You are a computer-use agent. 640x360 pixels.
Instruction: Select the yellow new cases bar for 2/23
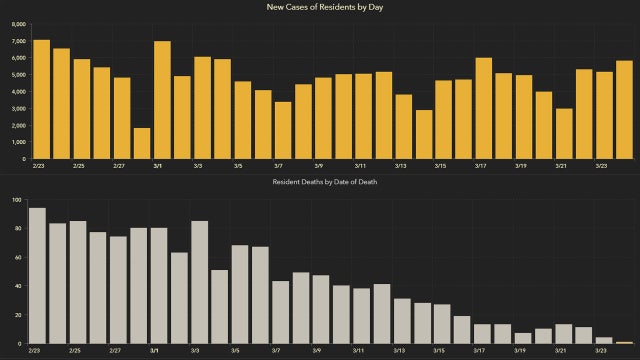tap(41, 99)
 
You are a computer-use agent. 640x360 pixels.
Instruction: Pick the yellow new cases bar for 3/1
tap(162, 100)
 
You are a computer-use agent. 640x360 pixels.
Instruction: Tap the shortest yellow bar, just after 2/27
tap(142, 143)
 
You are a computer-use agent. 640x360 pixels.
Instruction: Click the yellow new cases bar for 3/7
tap(283, 130)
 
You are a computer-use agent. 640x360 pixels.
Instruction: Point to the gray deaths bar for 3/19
tap(523, 339)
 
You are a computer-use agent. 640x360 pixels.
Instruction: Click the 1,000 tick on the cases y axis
tap(19, 142)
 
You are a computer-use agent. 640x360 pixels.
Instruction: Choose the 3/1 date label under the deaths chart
tap(154, 352)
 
